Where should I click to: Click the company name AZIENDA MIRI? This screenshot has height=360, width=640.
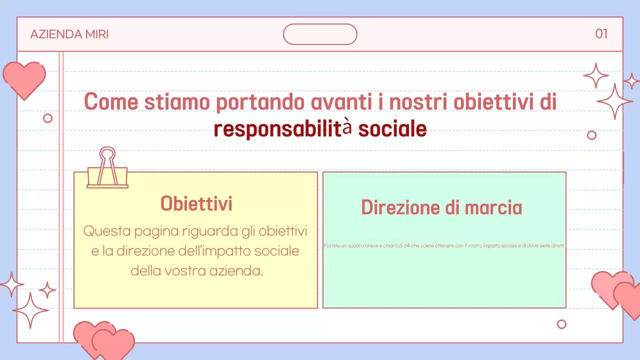pyautogui.click(x=69, y=34)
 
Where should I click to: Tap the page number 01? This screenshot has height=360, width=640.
pyautogui.click(x=601, y=34)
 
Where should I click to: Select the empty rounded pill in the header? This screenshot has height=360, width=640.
pyautogui.click(x=320, y=34)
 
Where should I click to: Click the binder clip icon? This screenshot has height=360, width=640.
pyautogui.click(x=107, y=168)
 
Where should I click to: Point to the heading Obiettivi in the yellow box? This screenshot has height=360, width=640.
pyautogui.click(x=196, y=203)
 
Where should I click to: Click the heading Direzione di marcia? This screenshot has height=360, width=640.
pyautogui.click(x=441, y=207)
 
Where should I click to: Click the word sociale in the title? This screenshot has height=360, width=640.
pyautogui.click(x=392, y=129)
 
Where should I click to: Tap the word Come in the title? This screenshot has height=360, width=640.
pyautogui.click(x=111, y=102)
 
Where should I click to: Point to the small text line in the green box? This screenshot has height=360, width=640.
pyautogui.click(x=444, y=245)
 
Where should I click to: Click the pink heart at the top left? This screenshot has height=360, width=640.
pyautogui.click(x=24, y=79)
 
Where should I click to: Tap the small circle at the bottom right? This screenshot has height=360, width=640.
pyautogui.click(x=561, y=324)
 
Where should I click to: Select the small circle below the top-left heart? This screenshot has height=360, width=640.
pyautogui.click(x=48, y=118)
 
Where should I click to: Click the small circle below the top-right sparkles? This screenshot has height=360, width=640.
pyautogui.click(x=591, y=135)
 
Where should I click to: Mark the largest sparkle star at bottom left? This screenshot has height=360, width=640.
pyautogui.click(x=30, y=310)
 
